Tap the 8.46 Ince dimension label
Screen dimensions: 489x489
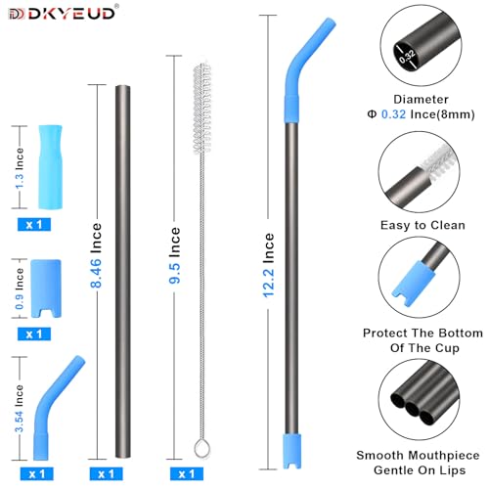pyautogui.click(x=96, y=255)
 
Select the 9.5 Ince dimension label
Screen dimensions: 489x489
pyautogui.click(x=174, y=255)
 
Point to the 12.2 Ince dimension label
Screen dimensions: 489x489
pyautogui.click(x=268, y=265)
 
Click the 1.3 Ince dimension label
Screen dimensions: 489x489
pyautogui.click(x=20, y=168)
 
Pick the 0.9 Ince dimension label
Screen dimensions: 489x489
pyautogui.click(x=20, y=289)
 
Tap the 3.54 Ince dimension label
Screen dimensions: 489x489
pyautogui.click(x=20, y=409)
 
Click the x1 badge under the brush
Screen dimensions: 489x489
pyautogui.click(x=187, y=473)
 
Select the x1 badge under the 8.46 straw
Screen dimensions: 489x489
pyautogui.click(x=106, y=473)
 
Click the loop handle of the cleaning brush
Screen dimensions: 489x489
pyautogui.click(x=202, y=448)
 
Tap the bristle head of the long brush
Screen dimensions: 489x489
pyautogui.click(x=202, y=109)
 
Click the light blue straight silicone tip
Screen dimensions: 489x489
pyautogui.click(x=50, y=166)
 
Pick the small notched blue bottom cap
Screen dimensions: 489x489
pyautogui.click(x=46, y=289)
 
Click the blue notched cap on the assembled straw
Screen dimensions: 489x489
pyautogui.click(x=291, y=451)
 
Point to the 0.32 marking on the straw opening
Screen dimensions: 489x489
pyautogui.click(x=407, y=57)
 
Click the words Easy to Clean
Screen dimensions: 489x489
pyautogui.click(x=422, y=225)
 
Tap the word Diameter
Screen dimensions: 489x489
pyautogui.click(x=421, y=99)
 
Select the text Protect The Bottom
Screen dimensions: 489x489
pyautogui.click(x=422, y=333)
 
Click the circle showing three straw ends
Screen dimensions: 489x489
pyautogui.click(x=420, y=399)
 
